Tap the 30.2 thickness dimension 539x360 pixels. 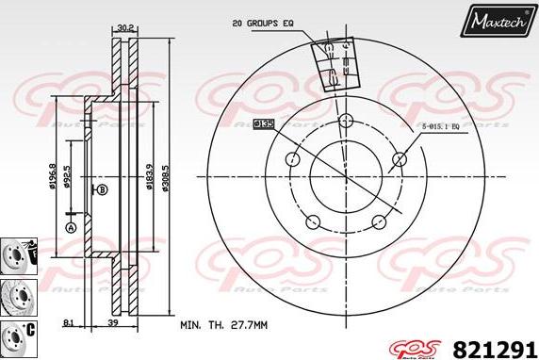[x=124, y=28]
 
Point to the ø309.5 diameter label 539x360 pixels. [x=166, y=174]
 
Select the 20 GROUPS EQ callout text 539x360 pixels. [x=262, y=22]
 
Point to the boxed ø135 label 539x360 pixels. [x=265, y=123]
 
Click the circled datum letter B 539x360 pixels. [x=101, y=189]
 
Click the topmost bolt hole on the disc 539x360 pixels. [x=345, y=121]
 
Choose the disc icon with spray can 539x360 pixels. [x=16, y=254]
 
